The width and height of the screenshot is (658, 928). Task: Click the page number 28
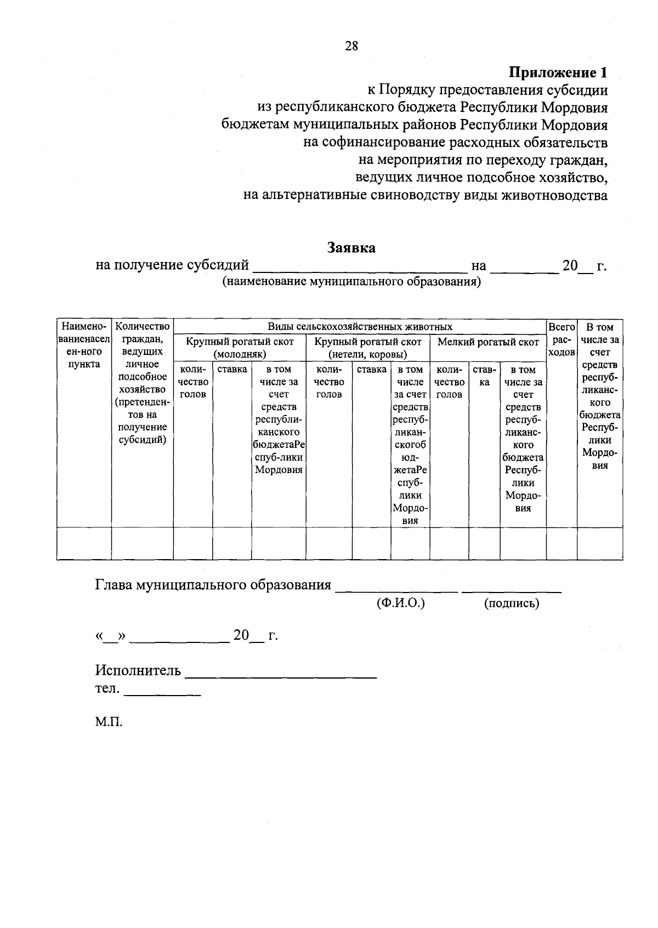(351, 46)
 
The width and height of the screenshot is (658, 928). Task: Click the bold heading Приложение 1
(558, 72)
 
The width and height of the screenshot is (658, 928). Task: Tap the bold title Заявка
(351, 248)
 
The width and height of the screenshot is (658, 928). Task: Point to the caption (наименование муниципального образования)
(351, 282)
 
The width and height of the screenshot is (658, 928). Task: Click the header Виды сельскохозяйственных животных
(360, 327)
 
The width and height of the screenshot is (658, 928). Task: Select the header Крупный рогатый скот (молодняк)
(240, 348)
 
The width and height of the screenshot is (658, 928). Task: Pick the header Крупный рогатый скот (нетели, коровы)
(367, 348)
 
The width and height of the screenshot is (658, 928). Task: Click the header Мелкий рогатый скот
(488, 342)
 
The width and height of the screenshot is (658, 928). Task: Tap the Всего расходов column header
(561, 339)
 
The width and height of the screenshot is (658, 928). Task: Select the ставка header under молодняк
(232, 369)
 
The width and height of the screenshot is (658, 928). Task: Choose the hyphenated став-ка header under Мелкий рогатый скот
(484, 375)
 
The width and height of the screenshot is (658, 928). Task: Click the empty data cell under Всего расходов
(561, 543)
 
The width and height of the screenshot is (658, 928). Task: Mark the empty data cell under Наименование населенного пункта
(84, 543)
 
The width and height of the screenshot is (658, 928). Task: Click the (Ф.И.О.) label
(401, 603)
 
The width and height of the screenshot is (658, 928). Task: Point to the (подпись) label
(512, 603)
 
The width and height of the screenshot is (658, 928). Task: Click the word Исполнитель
(138, 670)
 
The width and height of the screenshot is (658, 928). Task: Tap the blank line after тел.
(163, 694)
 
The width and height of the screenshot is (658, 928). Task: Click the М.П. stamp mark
(109, 722)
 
